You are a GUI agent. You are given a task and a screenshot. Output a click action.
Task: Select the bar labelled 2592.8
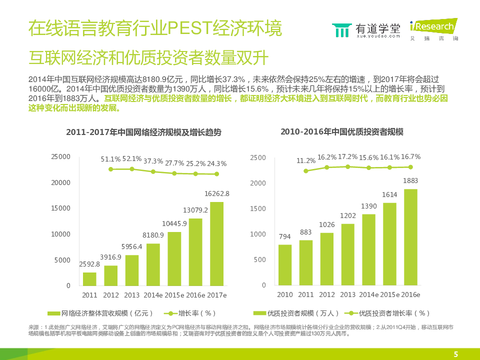pyautogui.click(x=90, y=279)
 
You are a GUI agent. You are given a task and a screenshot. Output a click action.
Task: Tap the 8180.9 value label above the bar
pyautogui.click(x=153, y=235)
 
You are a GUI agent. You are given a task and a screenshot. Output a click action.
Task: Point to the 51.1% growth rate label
pyautogui.click(x=111, y=159)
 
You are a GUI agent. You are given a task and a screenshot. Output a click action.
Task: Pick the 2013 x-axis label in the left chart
pyautogui.click(x=132, y=295)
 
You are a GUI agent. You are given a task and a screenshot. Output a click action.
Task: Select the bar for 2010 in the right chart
pyautogui.click(x=285, y=265)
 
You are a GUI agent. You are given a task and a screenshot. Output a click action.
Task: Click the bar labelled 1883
pyautogui.click(x=410, y=237)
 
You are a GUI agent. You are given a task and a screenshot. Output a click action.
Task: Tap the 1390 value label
pyautogui.click(x=368, y=206)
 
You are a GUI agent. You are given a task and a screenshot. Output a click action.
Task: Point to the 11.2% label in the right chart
pyautogui.click(x=306, y=161)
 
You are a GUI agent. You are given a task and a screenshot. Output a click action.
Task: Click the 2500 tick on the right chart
pyautogui.click(x=258, y=157)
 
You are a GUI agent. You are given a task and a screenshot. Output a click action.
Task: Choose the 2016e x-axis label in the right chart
pyautogui.click(x=410, y=295)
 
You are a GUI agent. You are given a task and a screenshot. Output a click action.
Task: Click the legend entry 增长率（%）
pyautogui.click(x=190, y=313)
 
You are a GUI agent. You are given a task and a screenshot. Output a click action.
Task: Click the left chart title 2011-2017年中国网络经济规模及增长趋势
pyautogui.click(x=143, y=132)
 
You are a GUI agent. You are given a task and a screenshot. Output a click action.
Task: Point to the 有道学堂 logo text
pyautogui.click(x=377, y=28)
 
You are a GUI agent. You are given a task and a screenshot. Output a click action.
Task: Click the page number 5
pyautogui.click(x=455, y=354)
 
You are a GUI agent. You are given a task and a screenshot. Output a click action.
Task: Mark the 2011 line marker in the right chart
pyautogui.click(x=306, y=171)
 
